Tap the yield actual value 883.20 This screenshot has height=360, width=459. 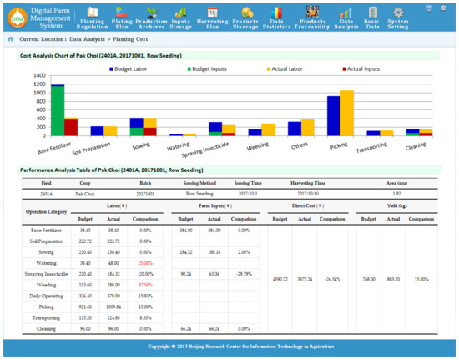(391, 279)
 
